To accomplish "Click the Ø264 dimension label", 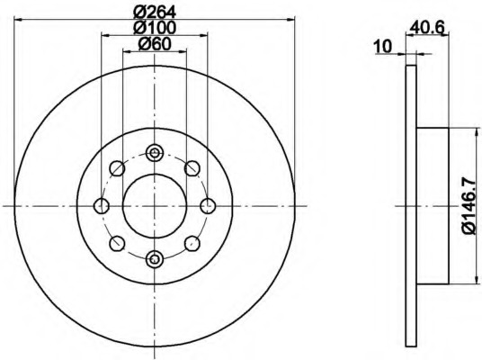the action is (x=155, y=13).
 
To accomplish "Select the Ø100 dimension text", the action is (x=155, y=27).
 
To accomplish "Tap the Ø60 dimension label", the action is (x=155, y=44).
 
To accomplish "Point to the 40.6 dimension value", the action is (x=427, y=28).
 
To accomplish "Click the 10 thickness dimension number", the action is (x=383, y=47).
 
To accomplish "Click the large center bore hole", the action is (x=155, y=206).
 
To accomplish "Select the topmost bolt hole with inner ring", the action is (x=155, y=152).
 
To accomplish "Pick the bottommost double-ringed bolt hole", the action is (x=155, y=259).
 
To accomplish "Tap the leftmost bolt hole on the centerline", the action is (x=101, y=206).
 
